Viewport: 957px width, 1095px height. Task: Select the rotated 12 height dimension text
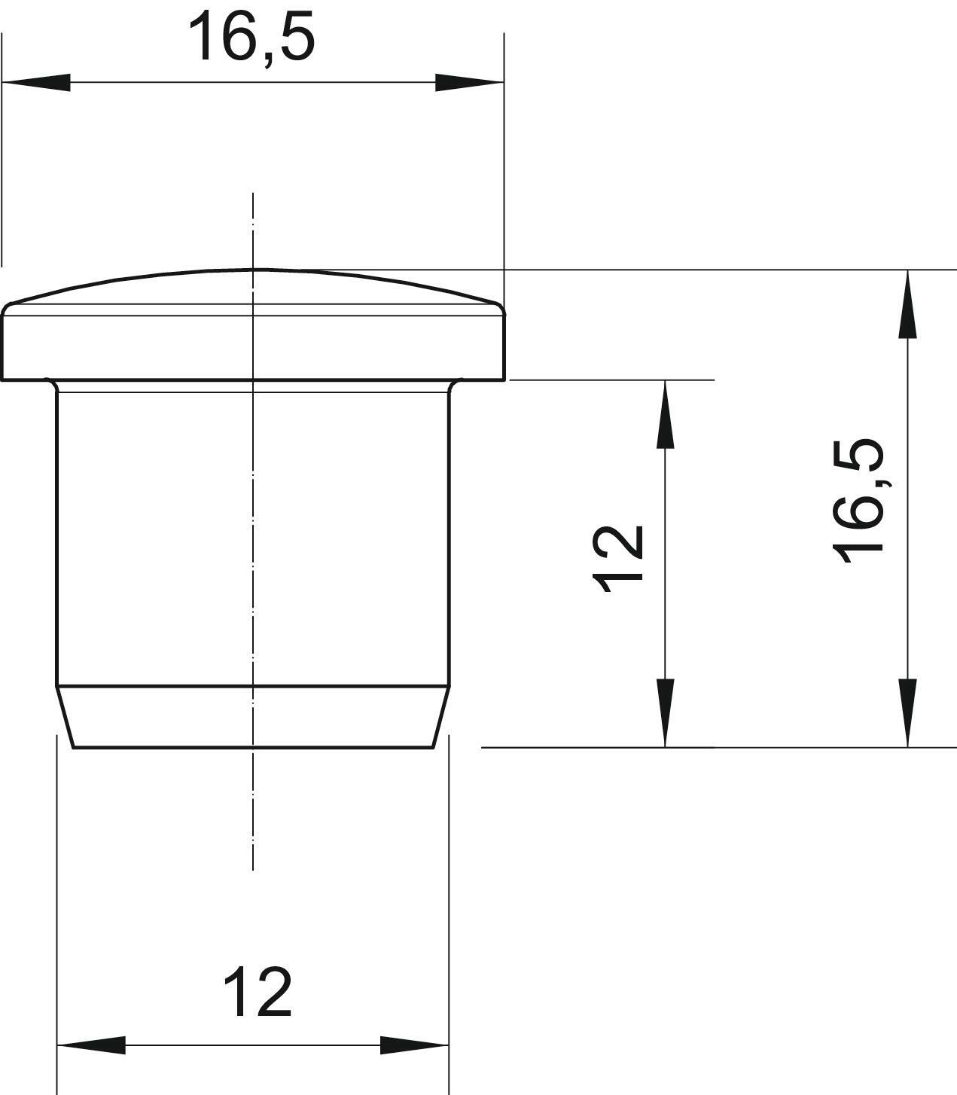[618, 559]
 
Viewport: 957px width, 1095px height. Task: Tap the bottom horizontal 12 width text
[258, 992]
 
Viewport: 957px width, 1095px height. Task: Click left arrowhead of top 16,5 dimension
[36, 82]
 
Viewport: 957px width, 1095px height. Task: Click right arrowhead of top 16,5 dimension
[470, 82]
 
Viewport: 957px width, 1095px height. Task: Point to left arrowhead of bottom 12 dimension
[91, 1045]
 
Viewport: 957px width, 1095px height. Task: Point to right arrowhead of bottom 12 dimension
[414, 1045]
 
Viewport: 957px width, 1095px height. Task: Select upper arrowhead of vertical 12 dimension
[665, 414]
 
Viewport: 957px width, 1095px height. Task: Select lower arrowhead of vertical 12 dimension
[665, 713]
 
